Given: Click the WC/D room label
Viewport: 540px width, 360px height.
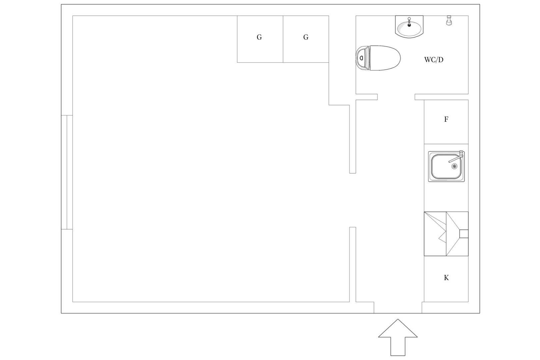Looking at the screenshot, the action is (433, 60).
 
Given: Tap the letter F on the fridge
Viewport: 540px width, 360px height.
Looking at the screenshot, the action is (446, 119).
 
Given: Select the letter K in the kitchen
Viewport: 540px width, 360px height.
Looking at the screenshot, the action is (446, 278).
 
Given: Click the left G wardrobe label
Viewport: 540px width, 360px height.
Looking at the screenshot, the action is (259, 37).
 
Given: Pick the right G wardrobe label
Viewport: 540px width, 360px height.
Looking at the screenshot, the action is (306, 37).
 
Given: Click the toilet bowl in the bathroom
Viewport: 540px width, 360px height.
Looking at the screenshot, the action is (385, 58).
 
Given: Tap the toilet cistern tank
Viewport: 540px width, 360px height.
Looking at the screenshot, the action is (363, 58).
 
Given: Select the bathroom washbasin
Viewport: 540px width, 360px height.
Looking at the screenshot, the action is (409, 27).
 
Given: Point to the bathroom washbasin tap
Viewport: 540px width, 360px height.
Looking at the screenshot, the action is (409, 22).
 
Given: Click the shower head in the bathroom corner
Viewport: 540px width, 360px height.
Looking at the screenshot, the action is (449, 20).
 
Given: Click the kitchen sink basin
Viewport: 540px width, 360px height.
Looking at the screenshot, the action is (446, 166).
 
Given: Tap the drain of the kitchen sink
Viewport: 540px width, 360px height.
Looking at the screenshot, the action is (454, 166).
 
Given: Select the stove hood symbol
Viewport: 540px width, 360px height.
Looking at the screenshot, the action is (446, 234).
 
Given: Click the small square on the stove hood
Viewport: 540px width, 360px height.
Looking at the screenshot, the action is (464, 234).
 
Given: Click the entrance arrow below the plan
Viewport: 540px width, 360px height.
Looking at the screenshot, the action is (398, 337).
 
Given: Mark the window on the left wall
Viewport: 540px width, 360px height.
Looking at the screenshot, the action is (67, 172).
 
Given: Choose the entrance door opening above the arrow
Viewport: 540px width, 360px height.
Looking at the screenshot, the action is (398, 307).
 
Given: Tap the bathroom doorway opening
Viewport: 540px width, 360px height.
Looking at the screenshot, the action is (396, 97).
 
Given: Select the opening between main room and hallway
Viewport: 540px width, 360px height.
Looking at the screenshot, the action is (353, 200).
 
